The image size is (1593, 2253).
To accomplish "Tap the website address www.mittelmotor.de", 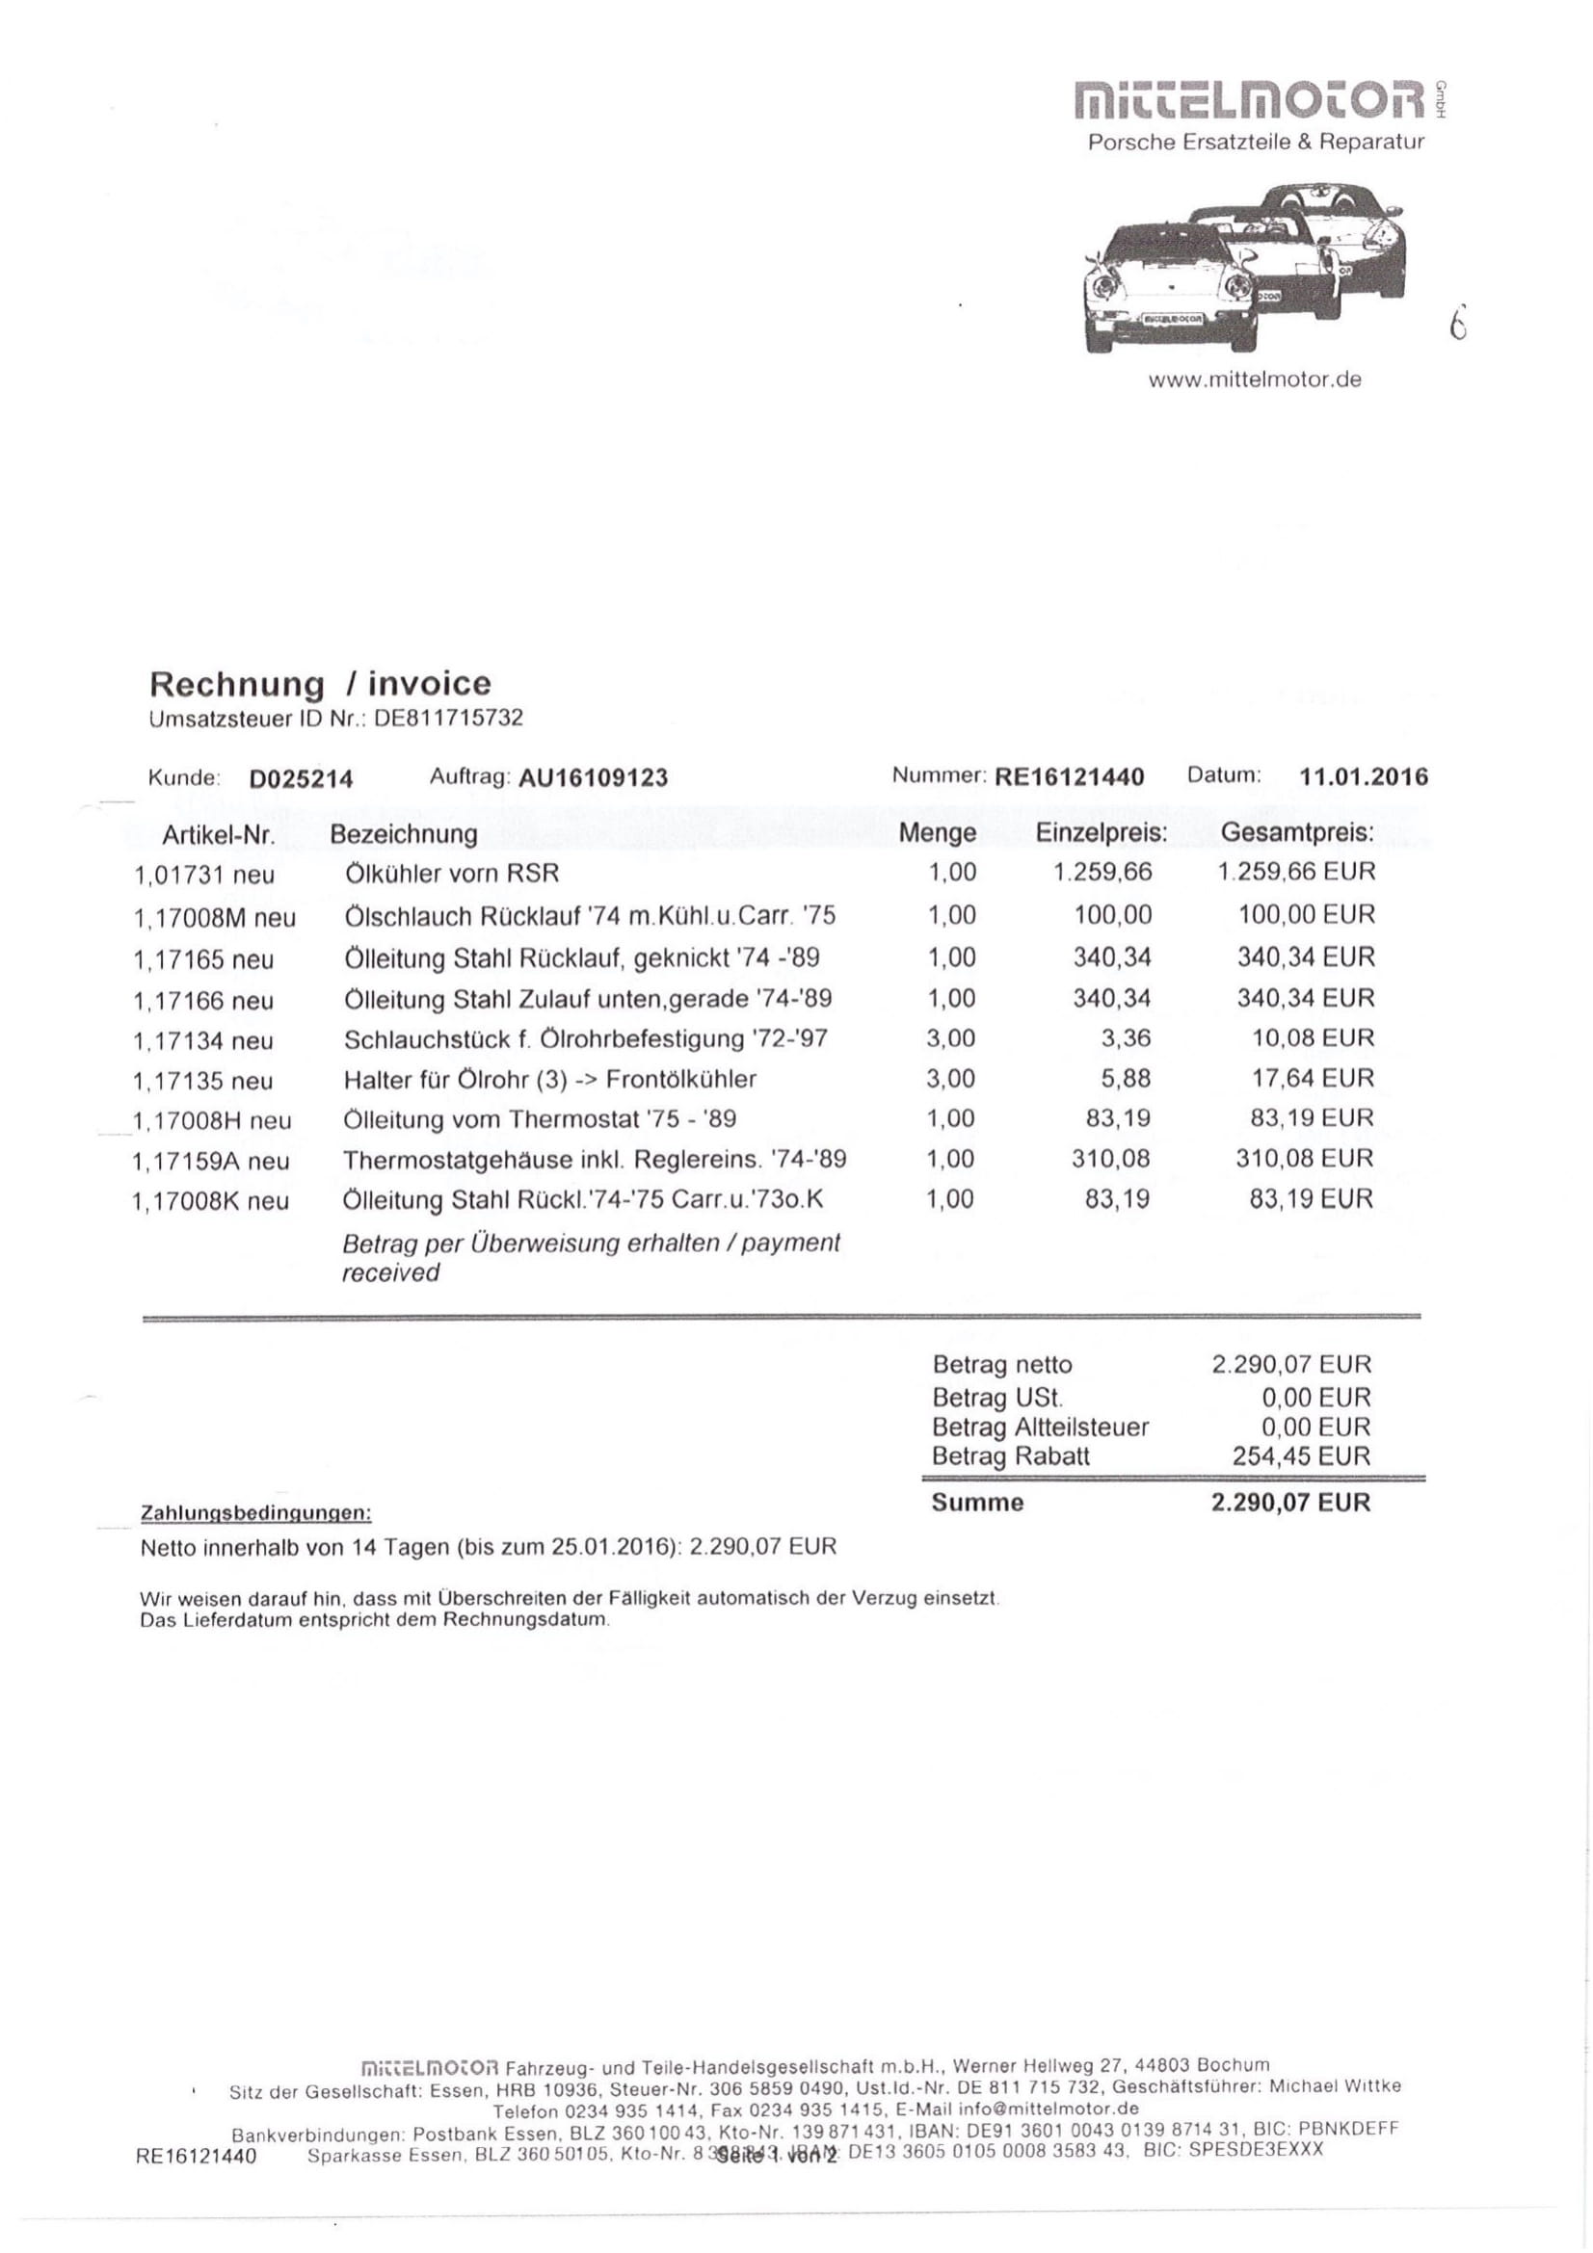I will (1255, 380).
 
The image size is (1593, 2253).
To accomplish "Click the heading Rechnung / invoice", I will (320, 683).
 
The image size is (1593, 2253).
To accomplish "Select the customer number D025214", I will (301, 779).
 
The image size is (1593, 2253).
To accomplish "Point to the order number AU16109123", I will (593, 778).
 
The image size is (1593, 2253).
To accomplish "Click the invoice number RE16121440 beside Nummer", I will (1069, 777).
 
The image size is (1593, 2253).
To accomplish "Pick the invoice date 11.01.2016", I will (1364, 777).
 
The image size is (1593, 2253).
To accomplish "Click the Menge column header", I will (938, 833).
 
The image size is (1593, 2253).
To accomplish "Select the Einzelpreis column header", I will (1102, 833).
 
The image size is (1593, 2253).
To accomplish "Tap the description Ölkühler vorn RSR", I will (452, 874).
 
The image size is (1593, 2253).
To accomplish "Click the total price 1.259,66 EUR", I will (1295, 872).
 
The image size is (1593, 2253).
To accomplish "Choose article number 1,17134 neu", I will (203, 1040).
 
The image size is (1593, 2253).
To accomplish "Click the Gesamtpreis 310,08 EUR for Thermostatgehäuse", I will (1304, 1158).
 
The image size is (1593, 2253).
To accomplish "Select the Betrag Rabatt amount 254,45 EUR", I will (1300, 1455).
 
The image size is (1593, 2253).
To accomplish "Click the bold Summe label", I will (977, 1503).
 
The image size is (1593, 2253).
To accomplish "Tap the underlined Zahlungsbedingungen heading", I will (256, 1513).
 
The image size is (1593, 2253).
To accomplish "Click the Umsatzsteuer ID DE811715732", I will (448, 719).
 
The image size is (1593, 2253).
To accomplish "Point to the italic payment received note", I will (591, 1258).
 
